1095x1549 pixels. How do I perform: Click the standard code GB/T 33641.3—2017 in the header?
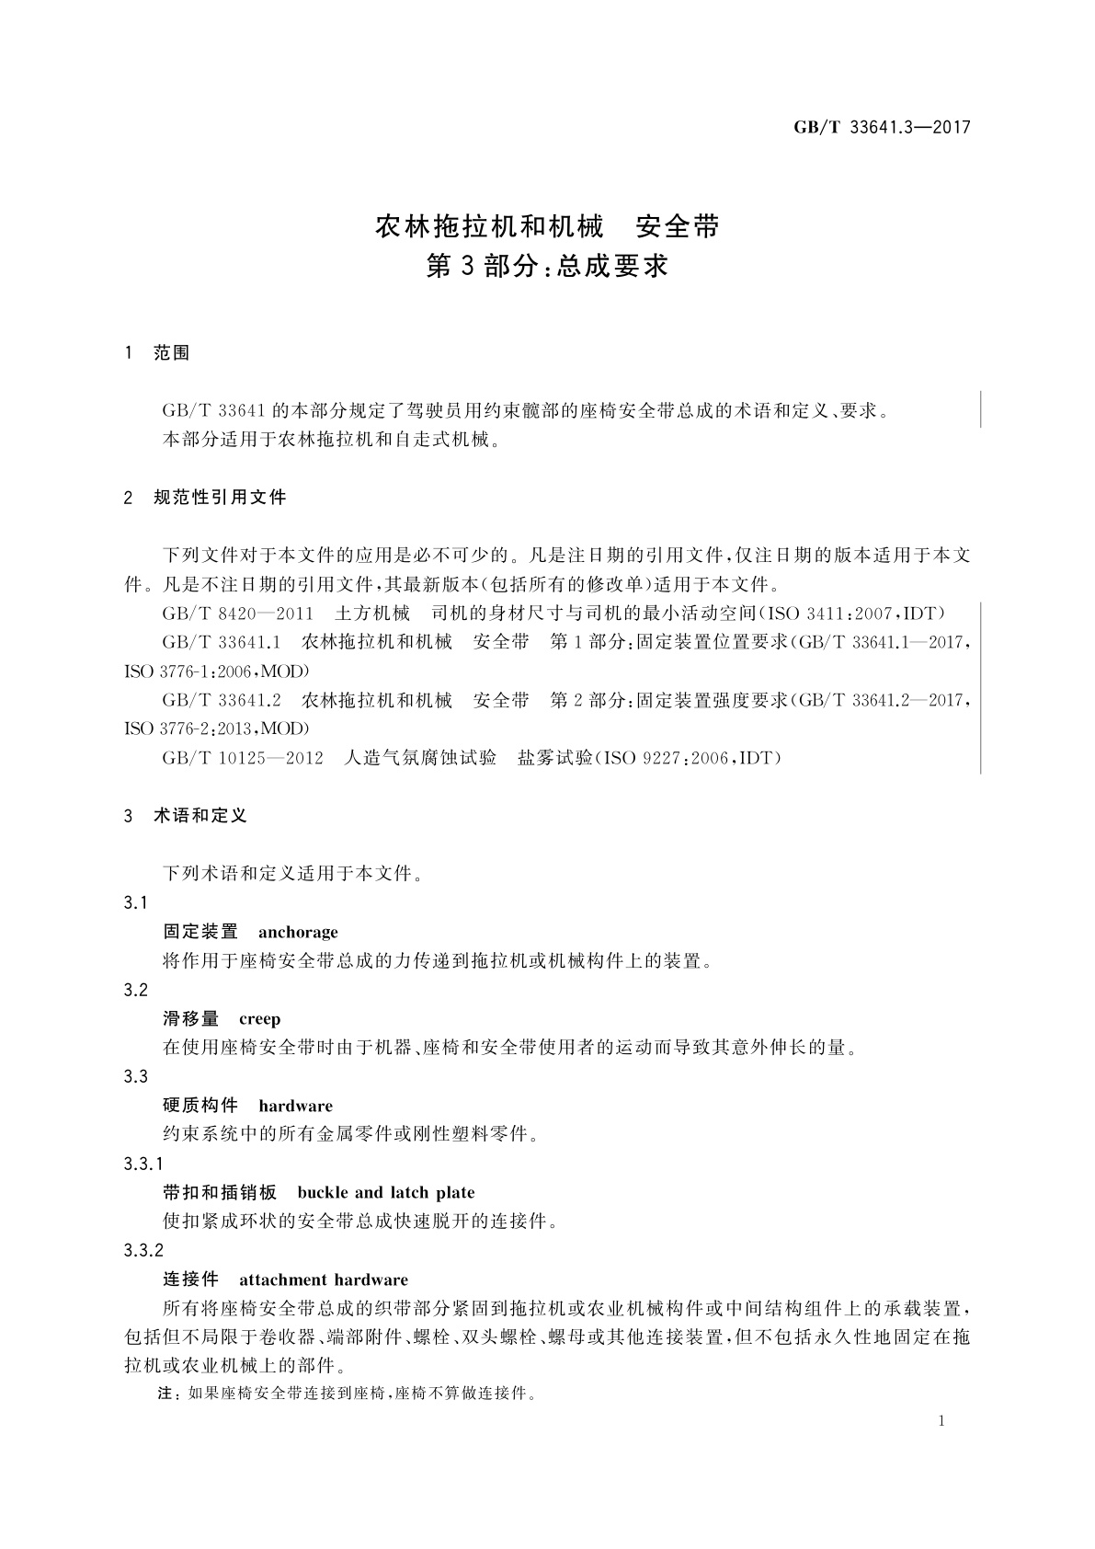click(882, 128)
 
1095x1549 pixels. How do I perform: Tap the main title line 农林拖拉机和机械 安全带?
click(547, 226)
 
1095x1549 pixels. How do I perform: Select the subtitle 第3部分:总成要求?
click(547, 267)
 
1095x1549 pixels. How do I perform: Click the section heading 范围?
click(172, 353)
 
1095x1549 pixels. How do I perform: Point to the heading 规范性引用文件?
click(220, 498)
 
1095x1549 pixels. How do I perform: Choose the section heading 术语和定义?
click(200, 816)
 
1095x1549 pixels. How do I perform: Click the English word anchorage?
click(298, 932)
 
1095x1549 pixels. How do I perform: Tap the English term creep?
click(259, 1019)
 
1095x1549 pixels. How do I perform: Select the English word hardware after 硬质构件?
click(295, 1106)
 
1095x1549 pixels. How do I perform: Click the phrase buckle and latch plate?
click(386, 1193)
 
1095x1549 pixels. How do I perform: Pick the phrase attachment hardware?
click(324, 1279)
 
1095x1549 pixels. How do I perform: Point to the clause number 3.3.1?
click(143, 1165)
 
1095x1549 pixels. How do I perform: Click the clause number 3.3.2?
click(143, 1251)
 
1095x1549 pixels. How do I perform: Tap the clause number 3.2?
click(136, 991)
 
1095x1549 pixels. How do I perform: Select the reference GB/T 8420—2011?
click(238, 614)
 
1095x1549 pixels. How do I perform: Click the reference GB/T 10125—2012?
click(243, 759)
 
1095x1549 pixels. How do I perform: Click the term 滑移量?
click(191, 1019)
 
